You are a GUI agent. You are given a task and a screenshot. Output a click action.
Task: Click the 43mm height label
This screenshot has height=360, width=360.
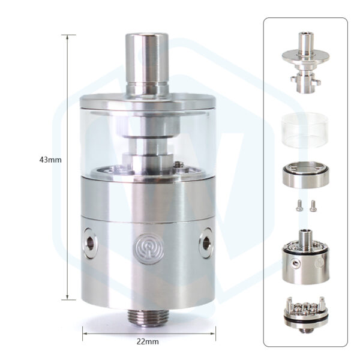50,160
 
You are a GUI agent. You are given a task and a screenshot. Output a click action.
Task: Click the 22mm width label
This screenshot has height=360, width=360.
148,341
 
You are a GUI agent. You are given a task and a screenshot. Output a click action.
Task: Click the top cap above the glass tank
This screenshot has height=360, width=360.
147,103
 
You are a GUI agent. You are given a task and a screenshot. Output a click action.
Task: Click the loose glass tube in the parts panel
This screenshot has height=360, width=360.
305,129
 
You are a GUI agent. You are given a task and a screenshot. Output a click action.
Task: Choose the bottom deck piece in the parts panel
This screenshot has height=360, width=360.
305,313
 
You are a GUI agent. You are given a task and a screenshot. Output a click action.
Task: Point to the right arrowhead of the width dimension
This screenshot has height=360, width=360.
211,333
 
